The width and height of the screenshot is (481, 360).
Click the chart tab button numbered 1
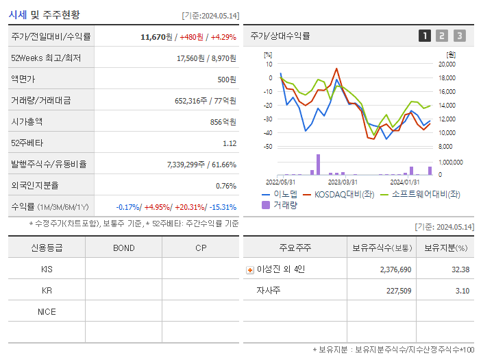point(425,36)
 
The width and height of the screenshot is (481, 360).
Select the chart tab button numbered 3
point(459,36)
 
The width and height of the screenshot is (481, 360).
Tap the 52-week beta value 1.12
point(230,143)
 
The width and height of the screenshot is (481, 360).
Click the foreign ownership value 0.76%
point(225,185)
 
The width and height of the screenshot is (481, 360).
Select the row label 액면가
point(23,79)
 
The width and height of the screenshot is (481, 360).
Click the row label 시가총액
point(27,121)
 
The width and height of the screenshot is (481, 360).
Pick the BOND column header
point(123,248)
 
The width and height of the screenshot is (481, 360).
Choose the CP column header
point(200,248)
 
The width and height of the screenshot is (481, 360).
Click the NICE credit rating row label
point(47,312)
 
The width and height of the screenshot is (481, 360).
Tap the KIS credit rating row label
point(47,269)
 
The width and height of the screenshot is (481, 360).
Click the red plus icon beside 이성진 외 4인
point(249,269)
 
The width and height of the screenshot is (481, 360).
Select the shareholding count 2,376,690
point(395,269)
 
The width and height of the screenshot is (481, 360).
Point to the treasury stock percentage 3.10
point(461,291)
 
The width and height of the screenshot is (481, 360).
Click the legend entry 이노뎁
point(282,194)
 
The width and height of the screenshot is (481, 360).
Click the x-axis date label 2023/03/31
point(343,182)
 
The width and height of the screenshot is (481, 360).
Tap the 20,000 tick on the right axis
point(447,64)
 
